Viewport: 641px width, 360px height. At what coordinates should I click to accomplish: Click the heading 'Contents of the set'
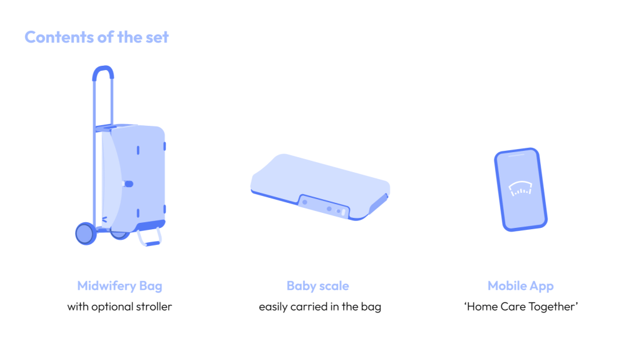pos(96,37)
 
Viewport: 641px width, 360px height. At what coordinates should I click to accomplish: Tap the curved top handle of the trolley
pos(103,70)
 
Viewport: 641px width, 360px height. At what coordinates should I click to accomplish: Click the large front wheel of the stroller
pos(85,234)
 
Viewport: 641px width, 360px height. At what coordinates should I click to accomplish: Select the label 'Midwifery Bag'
pos(120,286)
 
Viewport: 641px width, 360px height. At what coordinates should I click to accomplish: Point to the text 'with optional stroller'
pos(120,306)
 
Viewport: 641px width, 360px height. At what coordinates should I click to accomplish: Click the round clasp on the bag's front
pos(128,183)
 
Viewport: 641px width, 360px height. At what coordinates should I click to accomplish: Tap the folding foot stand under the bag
pos(150,238)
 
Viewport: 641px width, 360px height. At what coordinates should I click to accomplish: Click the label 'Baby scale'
pos(317,286)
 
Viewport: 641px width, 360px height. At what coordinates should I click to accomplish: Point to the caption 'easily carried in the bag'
pos(320,307)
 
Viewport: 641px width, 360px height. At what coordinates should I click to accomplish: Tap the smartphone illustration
pos(520,190)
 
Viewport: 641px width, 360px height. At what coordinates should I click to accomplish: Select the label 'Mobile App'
pos(520,286)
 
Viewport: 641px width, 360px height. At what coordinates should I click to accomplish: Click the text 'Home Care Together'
pos(521,307)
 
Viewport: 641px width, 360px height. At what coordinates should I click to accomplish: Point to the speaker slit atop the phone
pos(516,155)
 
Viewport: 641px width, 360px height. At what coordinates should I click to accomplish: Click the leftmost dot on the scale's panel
pos(305,202)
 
